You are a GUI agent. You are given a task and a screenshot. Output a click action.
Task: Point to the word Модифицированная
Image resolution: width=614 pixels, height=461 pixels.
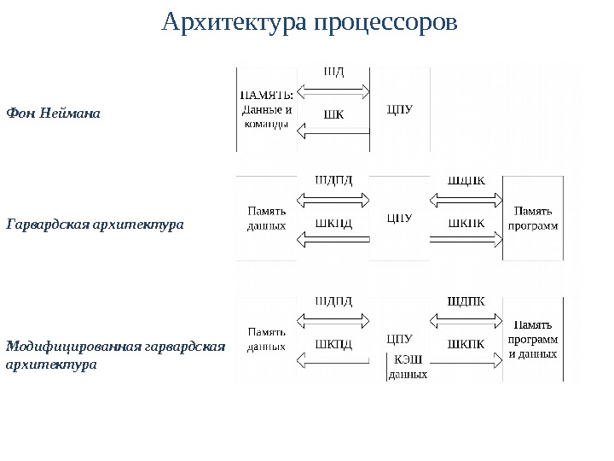(x=74, y=346)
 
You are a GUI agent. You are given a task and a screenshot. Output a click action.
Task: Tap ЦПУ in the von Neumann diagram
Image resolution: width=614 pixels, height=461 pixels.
(x=399, y=108)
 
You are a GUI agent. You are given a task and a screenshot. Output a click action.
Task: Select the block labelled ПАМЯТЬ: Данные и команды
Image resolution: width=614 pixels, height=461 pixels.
(x=267, y=108)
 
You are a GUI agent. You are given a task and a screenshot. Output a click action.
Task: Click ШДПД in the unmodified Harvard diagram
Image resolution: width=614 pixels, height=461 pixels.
(x=333, y=180)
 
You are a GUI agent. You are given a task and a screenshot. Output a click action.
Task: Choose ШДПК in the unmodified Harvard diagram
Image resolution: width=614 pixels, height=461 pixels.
(x=466, y=180)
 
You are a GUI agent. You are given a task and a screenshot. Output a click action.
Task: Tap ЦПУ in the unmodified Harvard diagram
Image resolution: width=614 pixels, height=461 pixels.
(x=399, y=218)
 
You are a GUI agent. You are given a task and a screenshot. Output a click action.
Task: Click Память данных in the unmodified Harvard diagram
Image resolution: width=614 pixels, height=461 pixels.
(x=266, y=218)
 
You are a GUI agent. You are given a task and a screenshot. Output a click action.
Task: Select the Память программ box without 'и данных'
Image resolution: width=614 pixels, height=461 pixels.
(x=533, y=218)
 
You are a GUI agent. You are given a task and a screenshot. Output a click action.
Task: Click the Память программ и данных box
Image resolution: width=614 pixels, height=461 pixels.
(x=533, y=338)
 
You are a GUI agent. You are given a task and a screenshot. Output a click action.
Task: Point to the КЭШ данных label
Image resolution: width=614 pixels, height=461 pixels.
(x=408, y=367)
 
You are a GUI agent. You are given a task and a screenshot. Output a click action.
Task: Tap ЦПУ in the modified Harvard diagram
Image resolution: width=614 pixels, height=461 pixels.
(x=399, y=338)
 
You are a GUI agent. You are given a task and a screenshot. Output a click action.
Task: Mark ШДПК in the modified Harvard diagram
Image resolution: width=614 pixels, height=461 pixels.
(x=466, y=301)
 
